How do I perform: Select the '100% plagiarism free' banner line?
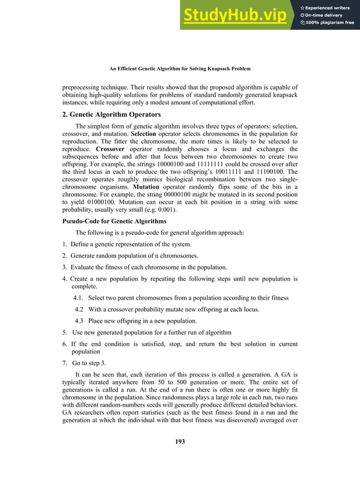[330, 23]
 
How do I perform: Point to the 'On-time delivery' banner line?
[326, 15]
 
